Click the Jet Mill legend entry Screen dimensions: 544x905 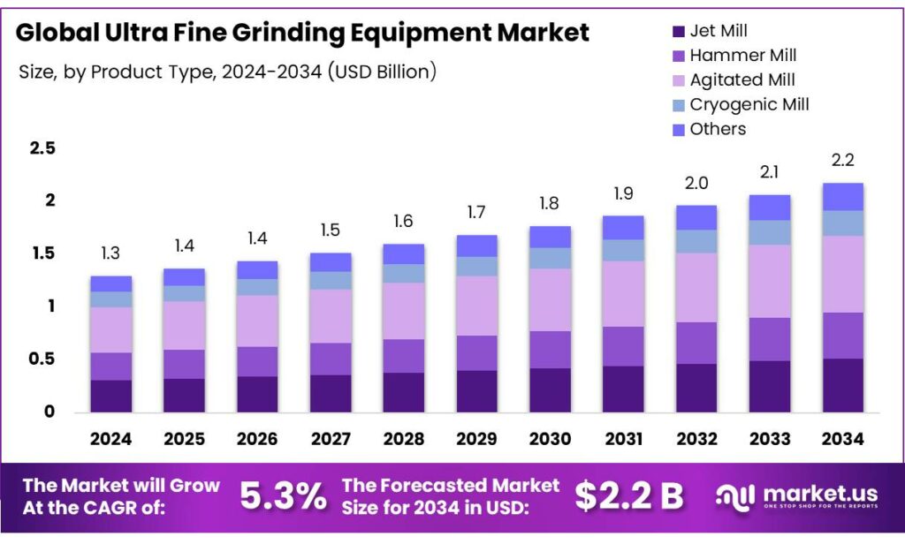click(x=719, y=32)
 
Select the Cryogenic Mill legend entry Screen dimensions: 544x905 click(x=749, y=105)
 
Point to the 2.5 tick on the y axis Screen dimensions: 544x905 click(x=42, y=147)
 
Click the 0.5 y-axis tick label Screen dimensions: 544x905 click(x=42, y=359)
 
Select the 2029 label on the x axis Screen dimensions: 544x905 click(x=476, y=439)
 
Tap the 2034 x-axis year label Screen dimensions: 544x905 click(x=841, y=439)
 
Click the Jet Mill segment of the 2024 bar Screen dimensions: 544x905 click(x=111, y=396)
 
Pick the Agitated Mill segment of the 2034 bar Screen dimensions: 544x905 click(x=841, y=274)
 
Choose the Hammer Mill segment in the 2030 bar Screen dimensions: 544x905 click(x=550, y=349)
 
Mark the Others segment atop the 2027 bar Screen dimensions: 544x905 click(x=330, y=261)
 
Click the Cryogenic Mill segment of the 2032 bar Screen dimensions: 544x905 click(x=696, y=241)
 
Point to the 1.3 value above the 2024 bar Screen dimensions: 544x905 click(x=111, y=254)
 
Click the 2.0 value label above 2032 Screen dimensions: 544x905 click(x=696, y=184)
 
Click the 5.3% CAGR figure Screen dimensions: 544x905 click(x=283, y=497)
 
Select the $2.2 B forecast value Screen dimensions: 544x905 click(x=628, y=497)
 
